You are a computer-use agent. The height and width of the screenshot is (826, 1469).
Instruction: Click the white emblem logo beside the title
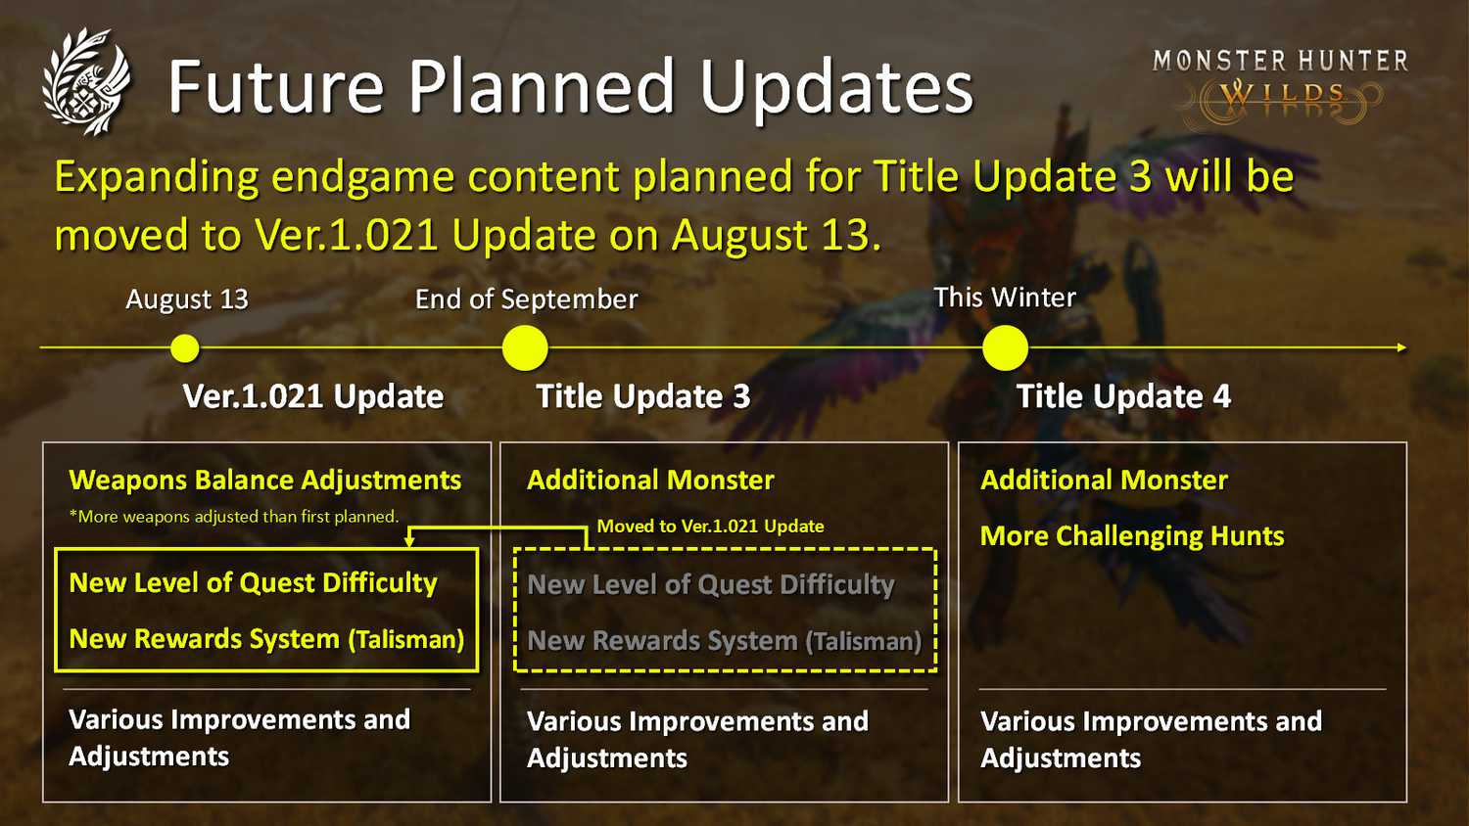86,81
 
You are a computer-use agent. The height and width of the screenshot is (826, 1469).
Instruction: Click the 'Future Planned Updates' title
571,87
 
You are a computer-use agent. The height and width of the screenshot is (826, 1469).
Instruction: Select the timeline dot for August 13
185,348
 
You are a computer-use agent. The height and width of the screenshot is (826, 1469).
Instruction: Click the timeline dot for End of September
525,348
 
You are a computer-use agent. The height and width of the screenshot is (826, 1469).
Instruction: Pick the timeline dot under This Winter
1006,348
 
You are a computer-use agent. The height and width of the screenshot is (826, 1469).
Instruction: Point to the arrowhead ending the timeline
1401,347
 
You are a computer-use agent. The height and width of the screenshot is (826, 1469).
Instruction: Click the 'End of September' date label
526,299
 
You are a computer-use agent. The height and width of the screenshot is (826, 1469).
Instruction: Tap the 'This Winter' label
1005,298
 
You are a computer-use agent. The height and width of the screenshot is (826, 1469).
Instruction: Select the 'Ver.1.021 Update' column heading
312,396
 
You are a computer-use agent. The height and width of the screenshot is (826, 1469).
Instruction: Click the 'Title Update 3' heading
642,396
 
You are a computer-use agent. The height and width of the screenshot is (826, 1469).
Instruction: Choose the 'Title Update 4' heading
1123,396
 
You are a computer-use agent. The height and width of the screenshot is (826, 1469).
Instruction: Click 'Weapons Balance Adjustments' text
265,481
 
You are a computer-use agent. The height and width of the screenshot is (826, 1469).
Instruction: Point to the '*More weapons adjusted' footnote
233,517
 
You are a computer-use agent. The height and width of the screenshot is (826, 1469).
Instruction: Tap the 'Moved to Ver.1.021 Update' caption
710,527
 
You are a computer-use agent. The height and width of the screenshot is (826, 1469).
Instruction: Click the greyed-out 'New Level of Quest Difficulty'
711,584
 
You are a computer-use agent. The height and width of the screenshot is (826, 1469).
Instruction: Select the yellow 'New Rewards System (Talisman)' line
266,639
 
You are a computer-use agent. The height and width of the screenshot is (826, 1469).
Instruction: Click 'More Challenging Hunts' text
1132,536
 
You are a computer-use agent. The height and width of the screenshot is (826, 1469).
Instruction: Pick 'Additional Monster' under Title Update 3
650,481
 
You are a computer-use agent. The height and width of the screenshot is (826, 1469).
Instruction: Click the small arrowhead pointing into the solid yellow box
409,541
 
